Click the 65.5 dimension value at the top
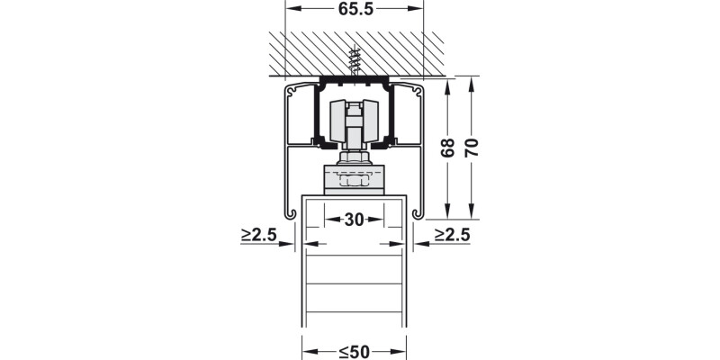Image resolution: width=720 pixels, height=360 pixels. [355, 10]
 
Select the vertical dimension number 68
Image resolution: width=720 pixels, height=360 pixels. [447, 148]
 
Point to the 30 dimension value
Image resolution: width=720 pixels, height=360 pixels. [354, 219]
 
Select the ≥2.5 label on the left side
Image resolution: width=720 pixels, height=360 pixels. [258, 236]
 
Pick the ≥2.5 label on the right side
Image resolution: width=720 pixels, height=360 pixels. [452, 236]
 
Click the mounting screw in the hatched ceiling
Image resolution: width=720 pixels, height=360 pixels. [354, 62]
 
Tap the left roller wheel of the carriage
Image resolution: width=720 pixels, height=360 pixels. [339, 121]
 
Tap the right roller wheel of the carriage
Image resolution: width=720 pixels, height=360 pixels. [370, 121]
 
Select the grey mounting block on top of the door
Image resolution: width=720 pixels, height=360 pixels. [354, 180]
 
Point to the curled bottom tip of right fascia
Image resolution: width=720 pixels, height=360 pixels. [418, 213]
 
